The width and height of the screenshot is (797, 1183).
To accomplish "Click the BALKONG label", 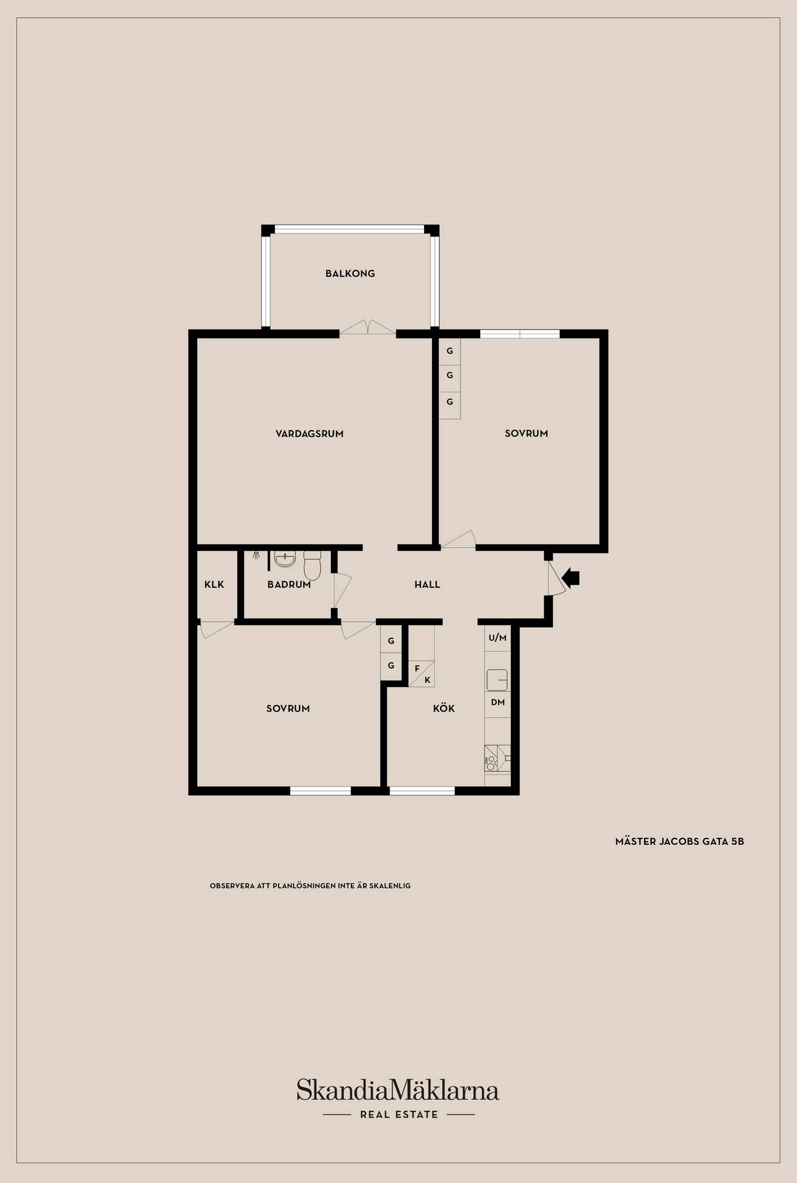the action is (350, 274).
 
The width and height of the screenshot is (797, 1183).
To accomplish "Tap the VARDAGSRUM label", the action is (309, 434).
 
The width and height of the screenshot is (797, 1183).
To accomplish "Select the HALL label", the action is (427, 585).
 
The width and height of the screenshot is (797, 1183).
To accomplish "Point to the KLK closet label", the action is (214, 585).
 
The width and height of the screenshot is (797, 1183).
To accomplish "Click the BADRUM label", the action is (289, 585).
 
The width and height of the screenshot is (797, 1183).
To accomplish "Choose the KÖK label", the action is (444, 709).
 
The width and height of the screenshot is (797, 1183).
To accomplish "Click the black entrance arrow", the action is (571, 578).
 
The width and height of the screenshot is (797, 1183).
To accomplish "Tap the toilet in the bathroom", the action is (313, 565).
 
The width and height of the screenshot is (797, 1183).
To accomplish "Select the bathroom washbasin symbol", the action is (285, 559).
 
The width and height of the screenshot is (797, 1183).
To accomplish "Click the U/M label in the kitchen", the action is (497, 638).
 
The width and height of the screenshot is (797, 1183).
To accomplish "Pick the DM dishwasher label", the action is (498, 702).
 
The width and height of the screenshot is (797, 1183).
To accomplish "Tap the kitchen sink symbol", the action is (497, 680).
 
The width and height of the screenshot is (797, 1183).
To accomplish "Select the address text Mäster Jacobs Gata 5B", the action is (679, 842).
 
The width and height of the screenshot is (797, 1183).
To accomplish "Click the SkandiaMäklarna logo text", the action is (398, 1089).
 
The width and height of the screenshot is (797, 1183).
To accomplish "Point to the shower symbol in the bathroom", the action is (256, 555).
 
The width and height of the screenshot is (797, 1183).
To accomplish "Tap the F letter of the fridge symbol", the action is (417, 669).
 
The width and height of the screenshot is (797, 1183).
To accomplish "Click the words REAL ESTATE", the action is (399, 1115).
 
